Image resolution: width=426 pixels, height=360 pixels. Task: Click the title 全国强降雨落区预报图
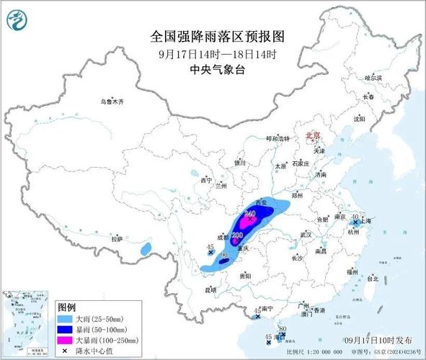coord(213,35)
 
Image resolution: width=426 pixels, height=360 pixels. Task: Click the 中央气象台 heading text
coord(213,69)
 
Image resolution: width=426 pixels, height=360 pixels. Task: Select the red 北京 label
coord(313,135)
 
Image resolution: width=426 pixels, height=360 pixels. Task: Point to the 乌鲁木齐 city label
coord(113,102)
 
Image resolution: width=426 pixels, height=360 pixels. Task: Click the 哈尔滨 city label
coord(373,78)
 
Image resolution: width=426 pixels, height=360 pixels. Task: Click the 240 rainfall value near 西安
coord(250,214)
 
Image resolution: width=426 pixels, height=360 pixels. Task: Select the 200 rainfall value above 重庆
coord(237,235)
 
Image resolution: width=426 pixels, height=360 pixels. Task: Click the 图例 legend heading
coord(68,306)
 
